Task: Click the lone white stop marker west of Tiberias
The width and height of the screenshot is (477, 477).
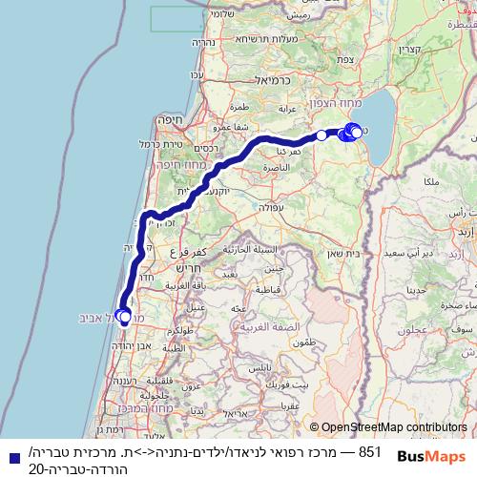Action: (322, 135)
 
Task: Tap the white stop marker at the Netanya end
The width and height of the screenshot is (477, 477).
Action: (125, 317)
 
